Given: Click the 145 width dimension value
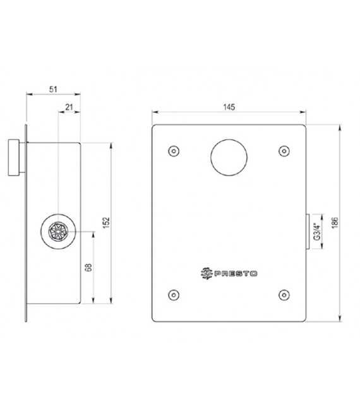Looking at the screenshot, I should (229, 108).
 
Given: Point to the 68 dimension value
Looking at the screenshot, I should (89, 268).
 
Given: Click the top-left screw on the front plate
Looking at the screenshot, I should (173, 150).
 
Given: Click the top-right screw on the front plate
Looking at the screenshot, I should (283, 150).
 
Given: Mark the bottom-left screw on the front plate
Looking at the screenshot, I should (173, 294).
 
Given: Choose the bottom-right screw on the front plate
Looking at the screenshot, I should (283, 294).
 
